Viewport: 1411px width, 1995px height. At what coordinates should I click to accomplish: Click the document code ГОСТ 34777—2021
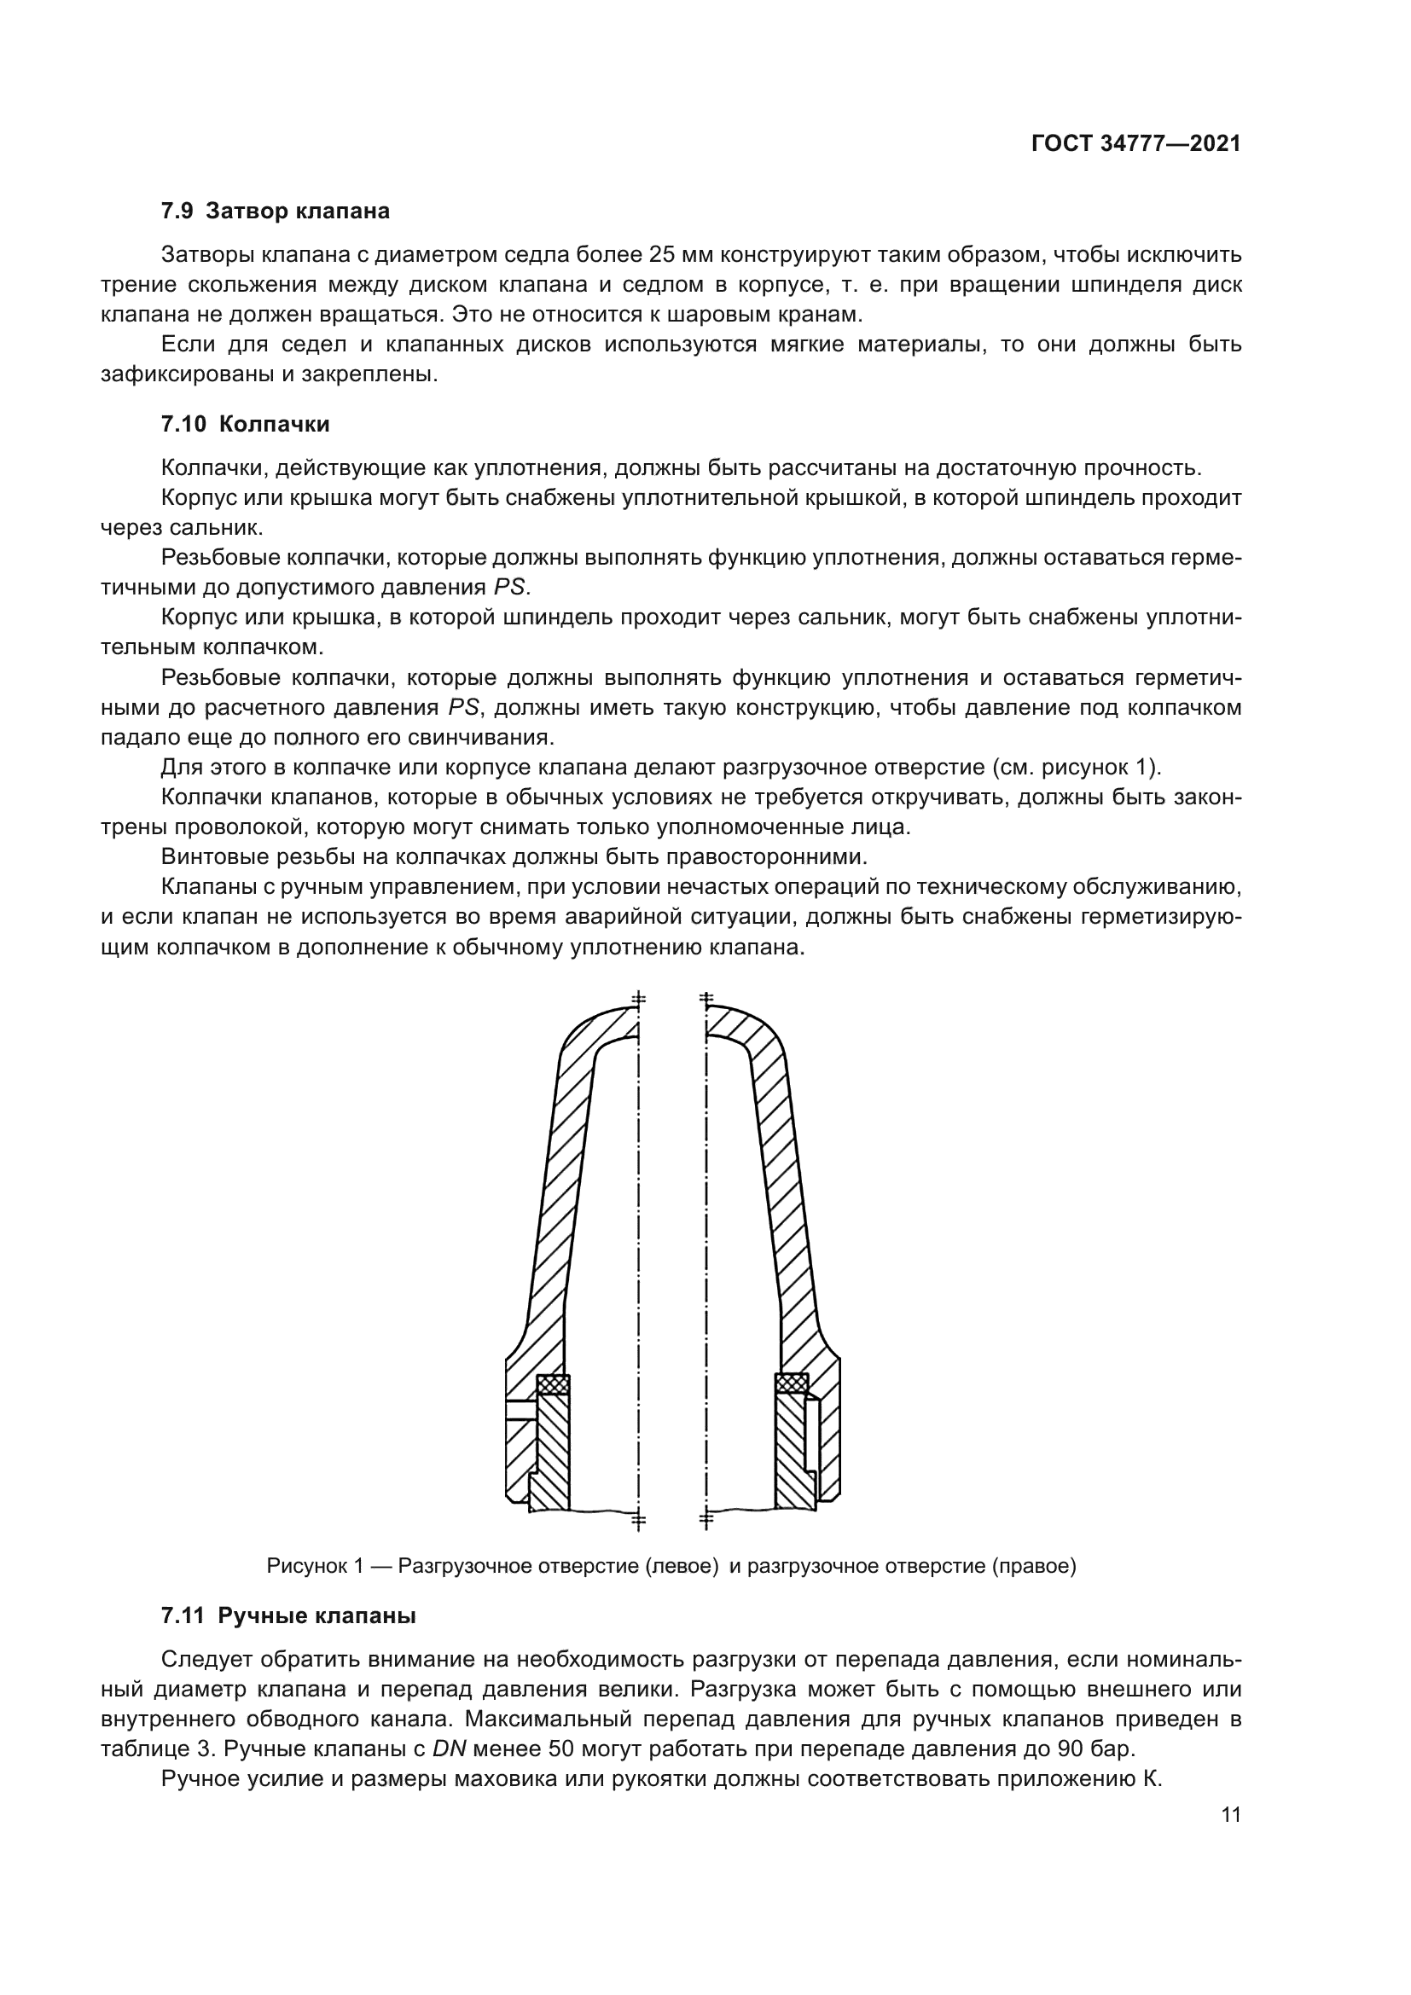pos(1135,144)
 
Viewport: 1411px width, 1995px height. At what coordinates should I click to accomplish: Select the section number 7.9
pos(177,212)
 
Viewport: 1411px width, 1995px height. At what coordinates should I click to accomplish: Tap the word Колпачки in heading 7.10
pos(274,424)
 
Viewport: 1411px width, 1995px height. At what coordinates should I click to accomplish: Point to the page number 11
pos(1230,1815)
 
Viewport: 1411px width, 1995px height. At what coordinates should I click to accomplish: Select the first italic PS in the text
pos(510,588)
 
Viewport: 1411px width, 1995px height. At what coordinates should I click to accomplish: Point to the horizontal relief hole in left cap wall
pos(520,1410)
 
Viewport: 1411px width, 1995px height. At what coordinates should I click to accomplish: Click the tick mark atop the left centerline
pos(639,999)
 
